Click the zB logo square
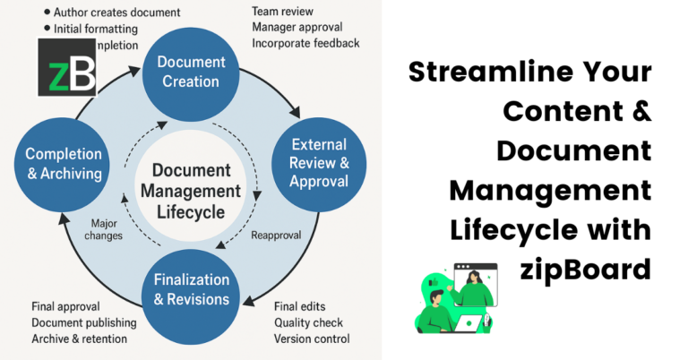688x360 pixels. (67, 67)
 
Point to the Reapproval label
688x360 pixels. (275, 235)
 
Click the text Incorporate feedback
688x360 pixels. (305, 43)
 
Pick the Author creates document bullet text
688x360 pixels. (116, 13)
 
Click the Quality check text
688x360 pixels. (307, 322)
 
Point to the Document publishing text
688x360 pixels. (84, 322)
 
